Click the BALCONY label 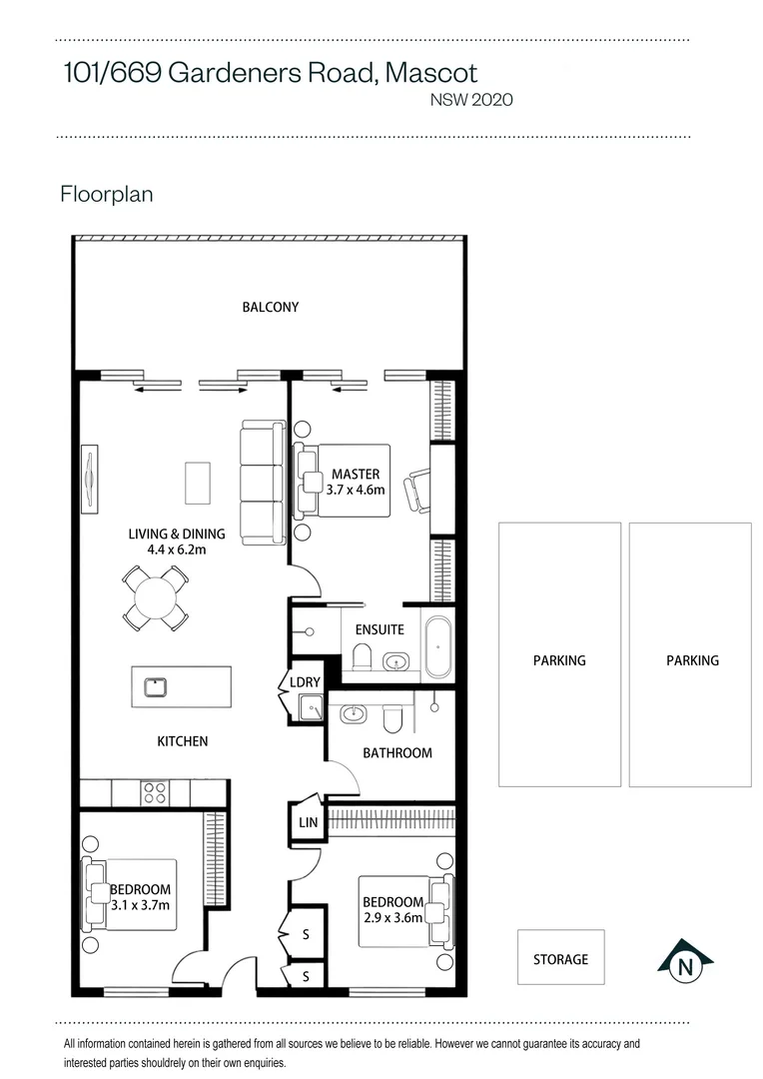(x=271, y=307)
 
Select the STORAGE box (x=560, y=957)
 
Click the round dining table (x=156, y=598)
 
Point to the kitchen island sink (x=156, y=686)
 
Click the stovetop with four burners (x=154, y=792)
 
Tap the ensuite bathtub (x=438, y=647)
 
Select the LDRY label (x=305, y=682)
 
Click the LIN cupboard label (x=309, y=822)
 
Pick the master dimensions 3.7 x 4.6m (x=356, y=490)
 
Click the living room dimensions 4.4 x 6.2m (x=177, y=549)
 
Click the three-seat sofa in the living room (x=263, y=484)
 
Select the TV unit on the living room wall (x=89, y=479)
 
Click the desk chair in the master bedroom (x=419, y=491)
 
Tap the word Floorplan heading (x=107, y=194)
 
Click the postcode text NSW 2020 (x=471, y=100)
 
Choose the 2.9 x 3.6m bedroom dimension (x=392, y=918)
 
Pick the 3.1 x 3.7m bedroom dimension (x=141, y=905)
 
